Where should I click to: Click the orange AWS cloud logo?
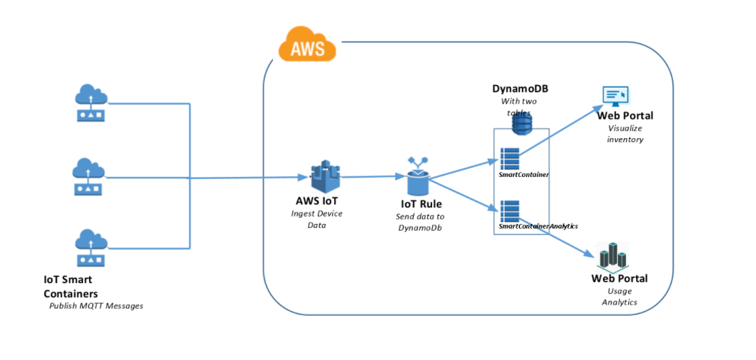coord(307,46)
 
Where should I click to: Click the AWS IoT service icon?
coord(325,177)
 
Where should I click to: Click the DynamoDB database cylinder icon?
coord(521,122)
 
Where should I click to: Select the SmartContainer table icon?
coord(510,159)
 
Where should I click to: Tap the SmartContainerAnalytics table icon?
coord(510,210)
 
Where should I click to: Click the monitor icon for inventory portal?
coord(615,97)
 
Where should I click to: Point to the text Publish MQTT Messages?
coord(96,306)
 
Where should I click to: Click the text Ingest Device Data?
coord(316,219)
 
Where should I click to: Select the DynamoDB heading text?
coord(520,89)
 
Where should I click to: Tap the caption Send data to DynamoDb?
coord(421,222)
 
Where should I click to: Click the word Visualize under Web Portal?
coord(625,128)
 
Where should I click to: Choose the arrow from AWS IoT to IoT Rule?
coord(372,177)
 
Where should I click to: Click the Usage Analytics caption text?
coord(619,297)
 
